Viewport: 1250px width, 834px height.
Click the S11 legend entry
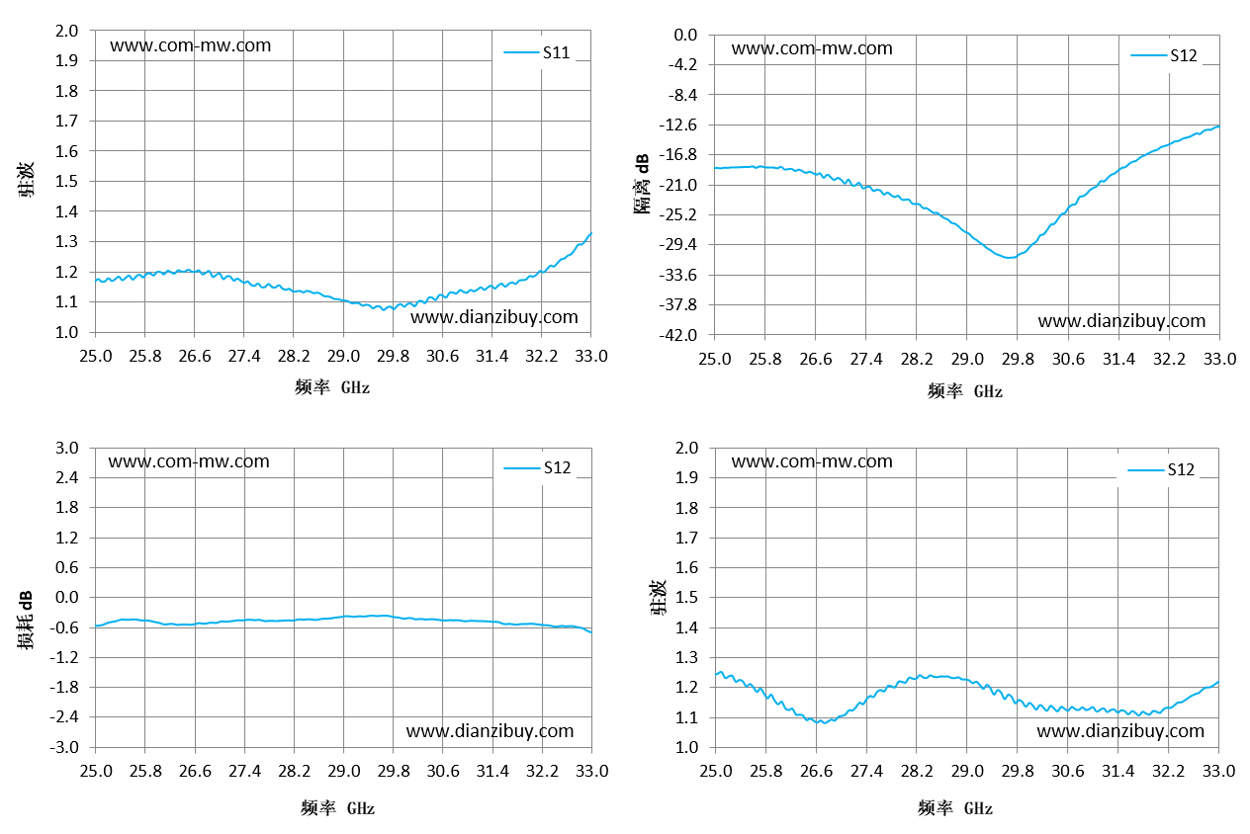tap(537, 52)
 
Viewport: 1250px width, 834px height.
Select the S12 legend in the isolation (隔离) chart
tap(1164, 55)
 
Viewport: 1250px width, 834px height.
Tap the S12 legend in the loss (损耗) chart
tap(537, 467)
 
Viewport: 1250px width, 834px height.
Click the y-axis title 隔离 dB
tap(642, 184)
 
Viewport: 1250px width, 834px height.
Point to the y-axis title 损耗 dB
tap(25, 620)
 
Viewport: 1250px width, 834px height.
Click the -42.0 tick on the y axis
tap(678, 335)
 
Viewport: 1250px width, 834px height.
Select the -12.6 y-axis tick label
tap(678, 125)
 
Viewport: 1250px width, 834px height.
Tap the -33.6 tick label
tap(678, 275)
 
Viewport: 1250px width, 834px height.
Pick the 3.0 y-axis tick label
tap(66, 448)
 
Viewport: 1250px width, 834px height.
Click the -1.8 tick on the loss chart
tap(63, 687)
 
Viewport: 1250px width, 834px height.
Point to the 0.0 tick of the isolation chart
tap(686, 35)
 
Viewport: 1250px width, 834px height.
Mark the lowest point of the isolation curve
tap(1009, 258)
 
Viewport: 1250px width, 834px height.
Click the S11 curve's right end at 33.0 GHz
tap(591, 233)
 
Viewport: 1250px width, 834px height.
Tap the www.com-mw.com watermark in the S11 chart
tap(190, 45)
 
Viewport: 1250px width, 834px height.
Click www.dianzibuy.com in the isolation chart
tap(1121, 321)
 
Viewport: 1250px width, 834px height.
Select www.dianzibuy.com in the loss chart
tap(490, 731)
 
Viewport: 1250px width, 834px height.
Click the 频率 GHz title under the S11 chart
tap(332, 387)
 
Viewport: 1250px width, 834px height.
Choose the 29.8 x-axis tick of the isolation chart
tap(1018, 359)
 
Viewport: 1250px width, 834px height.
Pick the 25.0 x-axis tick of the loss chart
tap(95, 771)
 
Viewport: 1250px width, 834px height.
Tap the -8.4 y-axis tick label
tap(683, 95)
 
